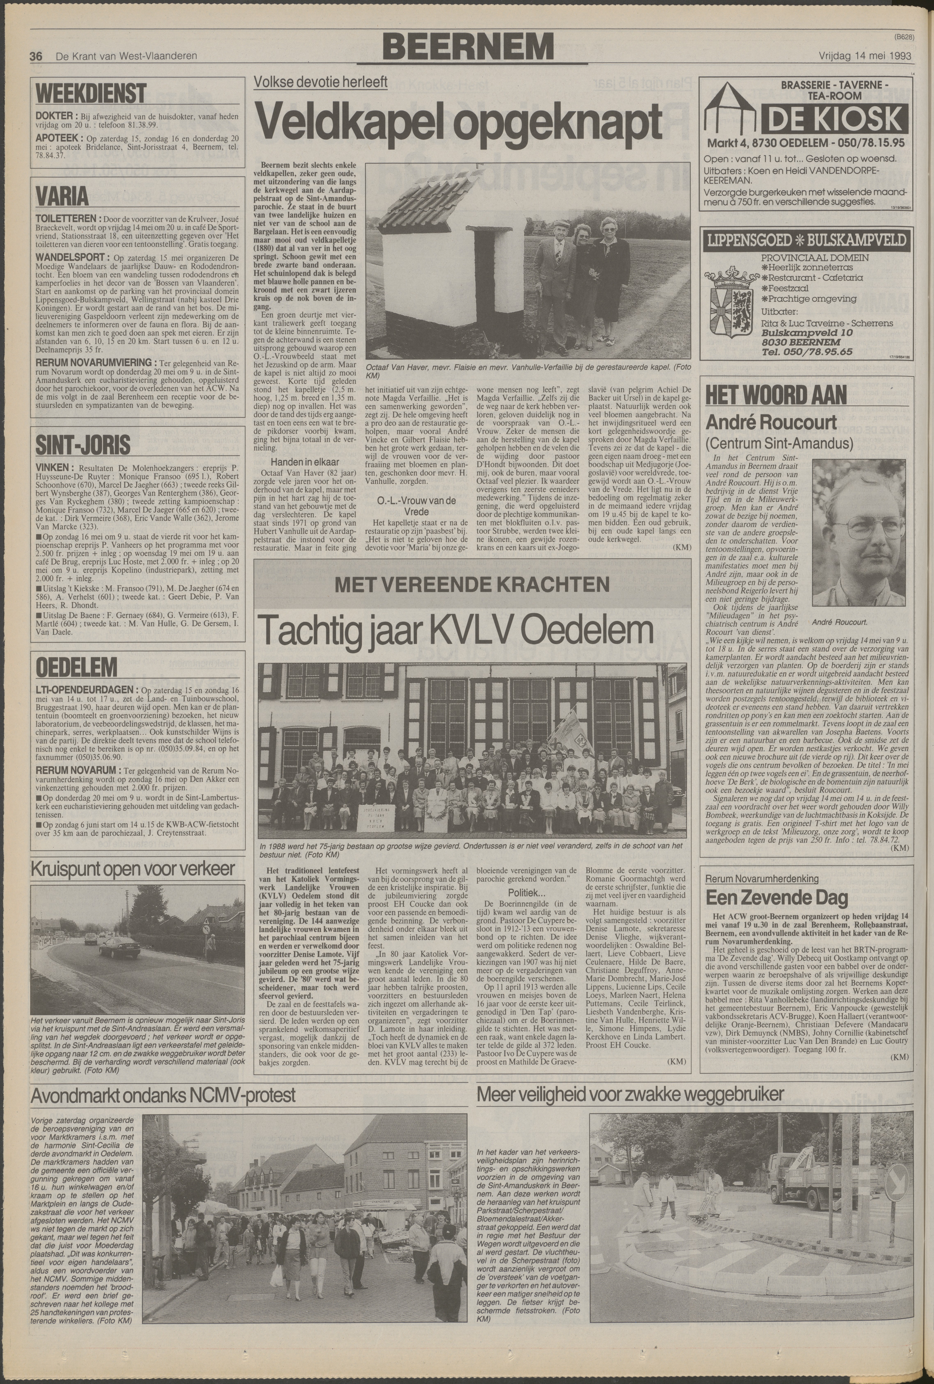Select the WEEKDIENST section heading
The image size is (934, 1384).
pyautogui.click(x=91, y=93)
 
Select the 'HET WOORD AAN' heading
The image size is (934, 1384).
pyautogui.click(x=776, y=394)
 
